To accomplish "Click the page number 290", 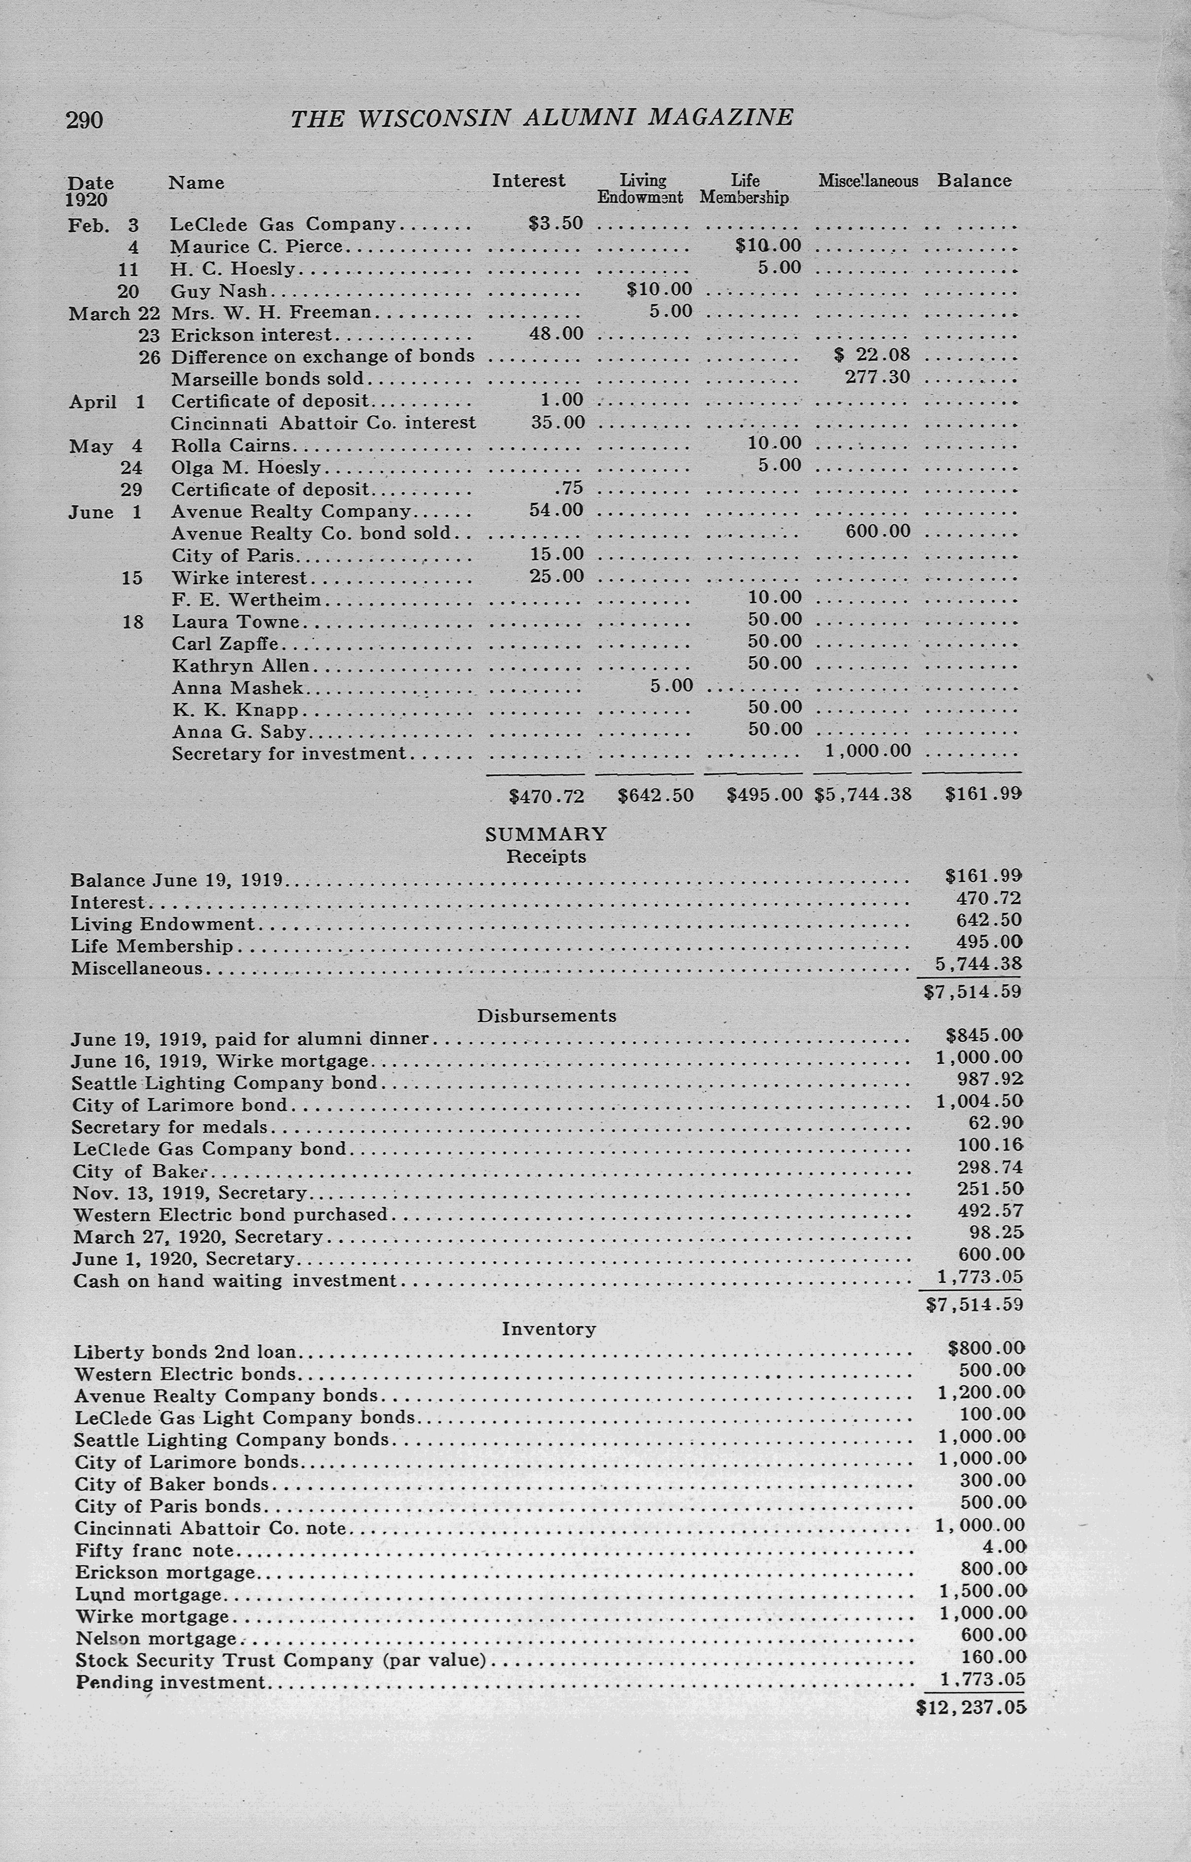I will click(84, 120).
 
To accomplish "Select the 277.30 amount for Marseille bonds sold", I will click(877, 378).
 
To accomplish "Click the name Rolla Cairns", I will click(231, 446).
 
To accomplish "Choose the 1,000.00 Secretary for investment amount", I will click(868, 750).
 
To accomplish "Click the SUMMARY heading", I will click(546, 834).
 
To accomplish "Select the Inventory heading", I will click(548, 1329).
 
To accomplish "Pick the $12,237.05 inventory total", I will click(971, 1707).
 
